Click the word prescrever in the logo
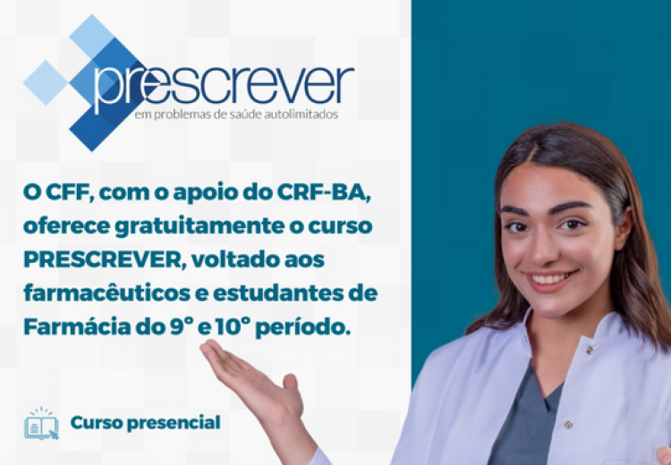coord(224,87)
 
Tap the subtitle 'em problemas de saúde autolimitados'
coord(236,114)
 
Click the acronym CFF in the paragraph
coord(69,192)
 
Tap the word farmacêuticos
coord(107,293)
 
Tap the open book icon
coord(41,424)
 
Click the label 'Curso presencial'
coord(146,423)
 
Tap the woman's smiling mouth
coord(551,280)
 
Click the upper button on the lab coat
coord(590,350)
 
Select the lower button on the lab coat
coord(568,425)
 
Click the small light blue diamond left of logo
coord(46,83)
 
